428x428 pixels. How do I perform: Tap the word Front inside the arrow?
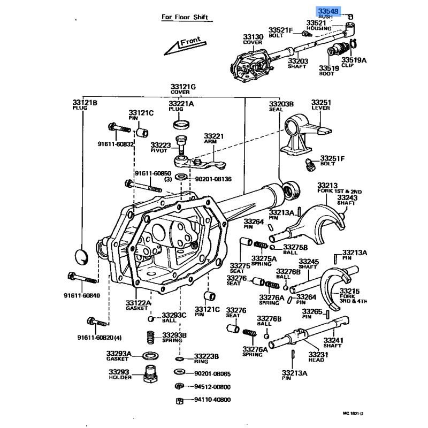[x=190, y=42]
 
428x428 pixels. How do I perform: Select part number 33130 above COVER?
[x=253, y=36]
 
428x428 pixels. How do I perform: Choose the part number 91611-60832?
[x=116, y=144]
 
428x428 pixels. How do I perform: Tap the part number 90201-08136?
[x=212, y=179]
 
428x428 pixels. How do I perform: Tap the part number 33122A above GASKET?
[x=139, y=303]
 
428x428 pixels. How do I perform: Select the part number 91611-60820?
[x=95, y=338]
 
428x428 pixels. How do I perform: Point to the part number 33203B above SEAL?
[x=281, y=104]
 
